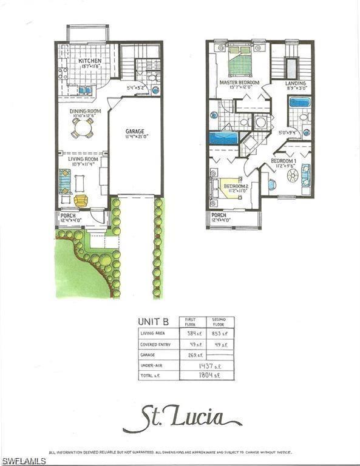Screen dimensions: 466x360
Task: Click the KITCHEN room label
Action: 90,61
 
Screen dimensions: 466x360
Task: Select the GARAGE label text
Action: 135,131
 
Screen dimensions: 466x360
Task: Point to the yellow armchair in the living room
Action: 81,200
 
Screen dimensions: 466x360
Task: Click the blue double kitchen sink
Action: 85,90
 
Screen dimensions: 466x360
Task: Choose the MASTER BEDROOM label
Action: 239,83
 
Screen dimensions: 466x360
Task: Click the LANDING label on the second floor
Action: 296,83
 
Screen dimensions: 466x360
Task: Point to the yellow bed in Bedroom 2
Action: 231,191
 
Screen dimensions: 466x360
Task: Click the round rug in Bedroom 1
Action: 292,176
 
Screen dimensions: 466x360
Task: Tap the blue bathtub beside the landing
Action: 299,101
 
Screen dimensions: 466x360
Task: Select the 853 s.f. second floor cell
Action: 220,333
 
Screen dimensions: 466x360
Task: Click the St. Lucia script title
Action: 182,419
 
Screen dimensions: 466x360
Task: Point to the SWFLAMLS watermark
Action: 23,461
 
